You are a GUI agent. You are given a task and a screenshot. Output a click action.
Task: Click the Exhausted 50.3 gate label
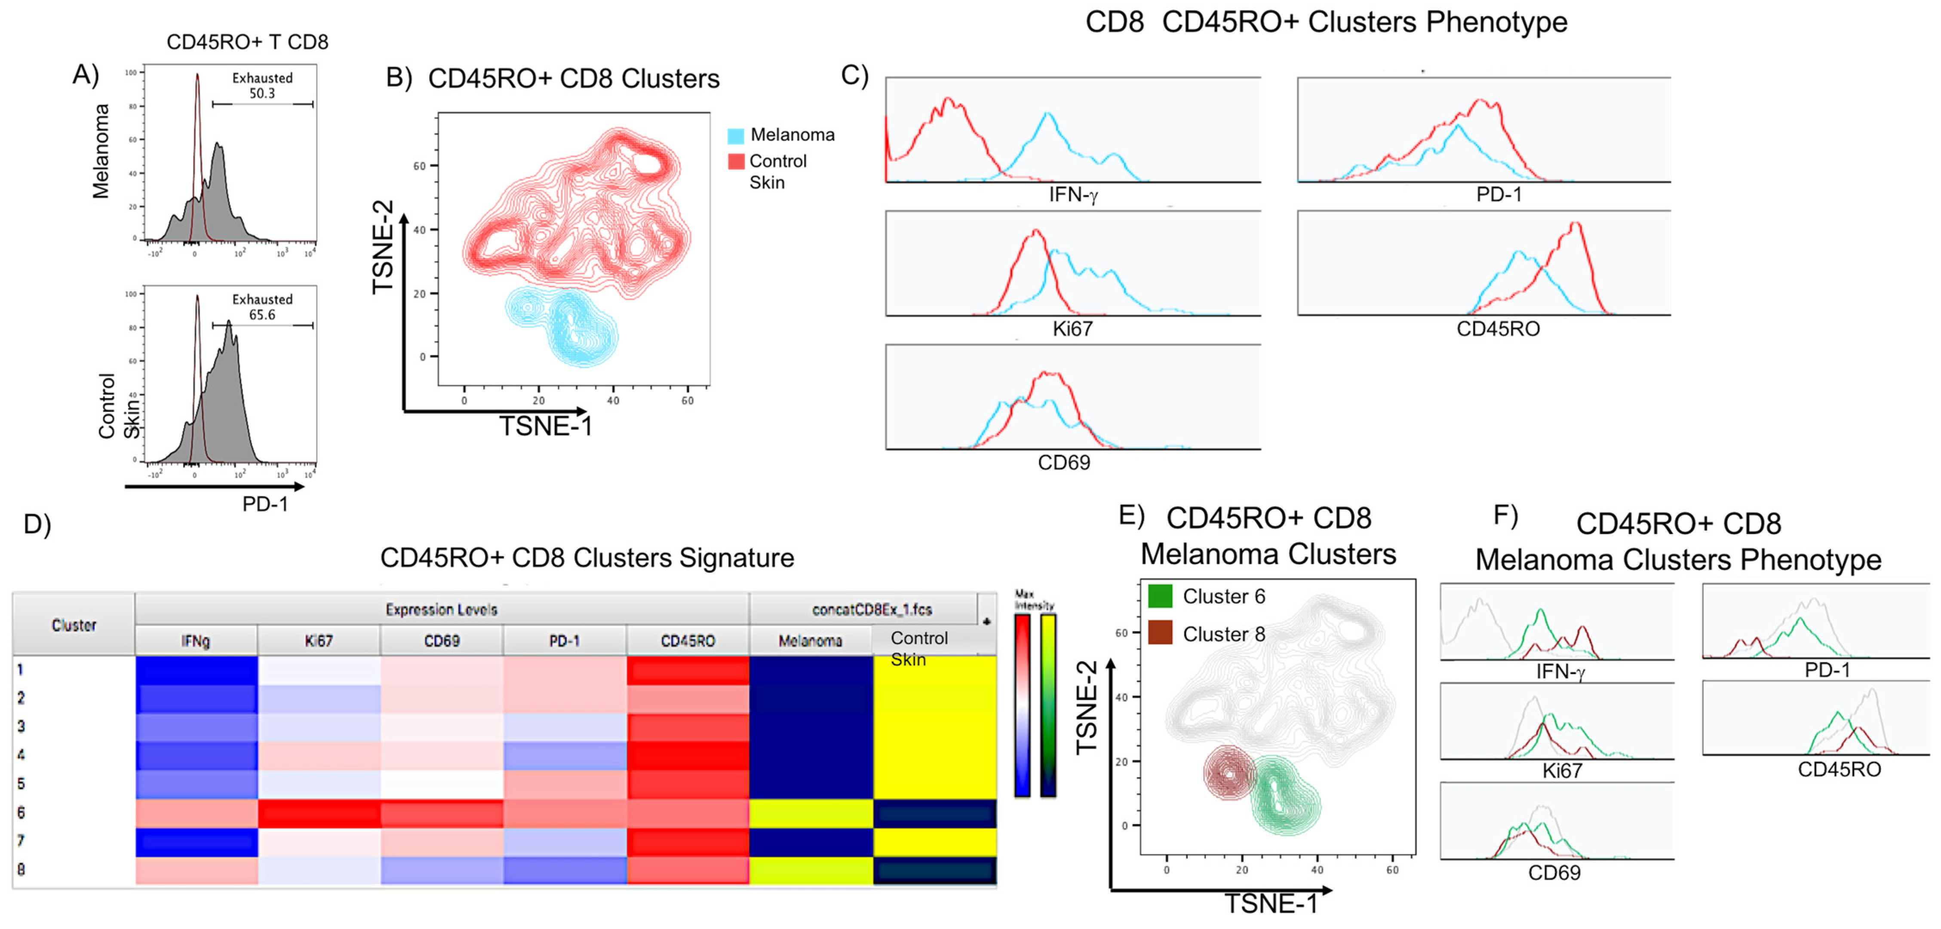click(x=262, y=85)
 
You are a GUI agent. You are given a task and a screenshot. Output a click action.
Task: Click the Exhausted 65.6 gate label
click(x=262, y=307)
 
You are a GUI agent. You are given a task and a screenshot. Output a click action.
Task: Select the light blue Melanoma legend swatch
click(x=735, y=135)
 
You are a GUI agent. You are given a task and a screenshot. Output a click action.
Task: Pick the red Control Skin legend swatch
click(x=735, y=161)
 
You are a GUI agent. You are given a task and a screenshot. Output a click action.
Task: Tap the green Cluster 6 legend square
click(x=1160, y=596)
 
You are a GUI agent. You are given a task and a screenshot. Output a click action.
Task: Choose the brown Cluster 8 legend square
click(x=1160, y=633)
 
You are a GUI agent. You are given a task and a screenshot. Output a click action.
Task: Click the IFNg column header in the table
click(x=195, y=641)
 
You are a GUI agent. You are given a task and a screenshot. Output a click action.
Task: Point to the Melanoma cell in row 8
click(x=811, y=870)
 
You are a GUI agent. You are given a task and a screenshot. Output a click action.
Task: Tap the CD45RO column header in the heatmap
click(x=687, y=641)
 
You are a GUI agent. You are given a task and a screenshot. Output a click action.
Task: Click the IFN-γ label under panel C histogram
click(x=1073, y=195)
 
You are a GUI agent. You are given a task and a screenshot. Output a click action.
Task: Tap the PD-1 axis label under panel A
click(x=264, y=503)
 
